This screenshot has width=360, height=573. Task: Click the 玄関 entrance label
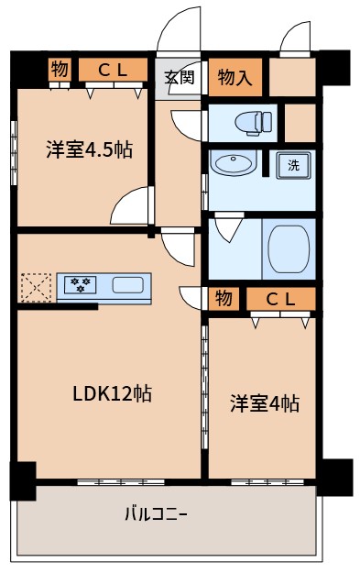179,77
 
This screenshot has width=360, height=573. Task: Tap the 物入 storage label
235,77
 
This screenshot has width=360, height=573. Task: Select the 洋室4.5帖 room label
89,149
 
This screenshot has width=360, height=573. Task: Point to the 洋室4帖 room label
264,402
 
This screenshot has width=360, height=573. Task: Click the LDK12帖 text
112,394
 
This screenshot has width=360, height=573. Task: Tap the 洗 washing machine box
293,166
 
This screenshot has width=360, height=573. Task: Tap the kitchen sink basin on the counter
127,285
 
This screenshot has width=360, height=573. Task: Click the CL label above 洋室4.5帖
112,70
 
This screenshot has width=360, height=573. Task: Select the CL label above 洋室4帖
279,298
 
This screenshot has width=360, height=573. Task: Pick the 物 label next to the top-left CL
60,70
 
